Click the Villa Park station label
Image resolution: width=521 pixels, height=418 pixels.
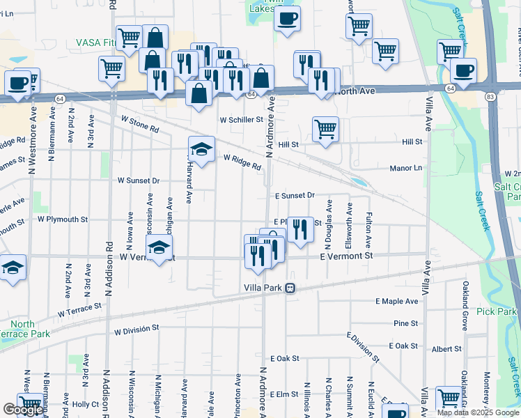(266, 288)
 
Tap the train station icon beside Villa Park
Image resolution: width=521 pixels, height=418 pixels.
(295, 288)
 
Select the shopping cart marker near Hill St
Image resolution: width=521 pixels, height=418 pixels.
(325, 130)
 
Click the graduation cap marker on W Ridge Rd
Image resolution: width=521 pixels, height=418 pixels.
(201, 149)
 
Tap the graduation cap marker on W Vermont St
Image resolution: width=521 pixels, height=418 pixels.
(159, 247)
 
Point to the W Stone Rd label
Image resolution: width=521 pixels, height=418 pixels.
(138, 125)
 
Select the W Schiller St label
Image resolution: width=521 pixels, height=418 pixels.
(241, 120)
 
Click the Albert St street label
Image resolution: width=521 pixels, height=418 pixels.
(446, 348)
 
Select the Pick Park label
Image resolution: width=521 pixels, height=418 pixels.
(498, 311)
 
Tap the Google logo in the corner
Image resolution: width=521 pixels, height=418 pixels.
(23, 410)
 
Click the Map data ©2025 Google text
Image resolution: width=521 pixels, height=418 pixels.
(478, 412)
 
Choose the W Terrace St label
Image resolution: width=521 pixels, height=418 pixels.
(79, 309)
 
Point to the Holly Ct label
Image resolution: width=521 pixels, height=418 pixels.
(86, 404)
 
